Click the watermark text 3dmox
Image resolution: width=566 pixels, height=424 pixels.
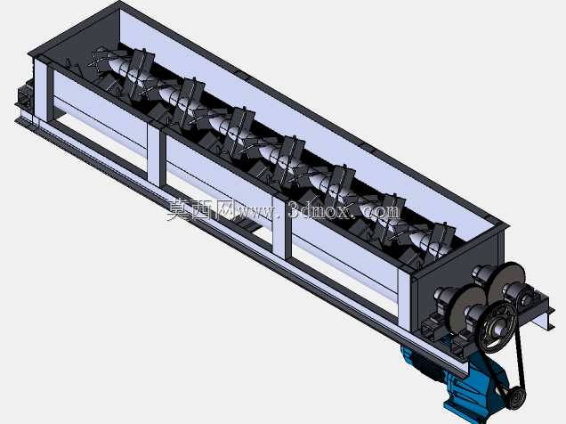click(319, 210)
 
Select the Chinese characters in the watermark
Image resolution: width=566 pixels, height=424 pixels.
click(199, 209)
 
